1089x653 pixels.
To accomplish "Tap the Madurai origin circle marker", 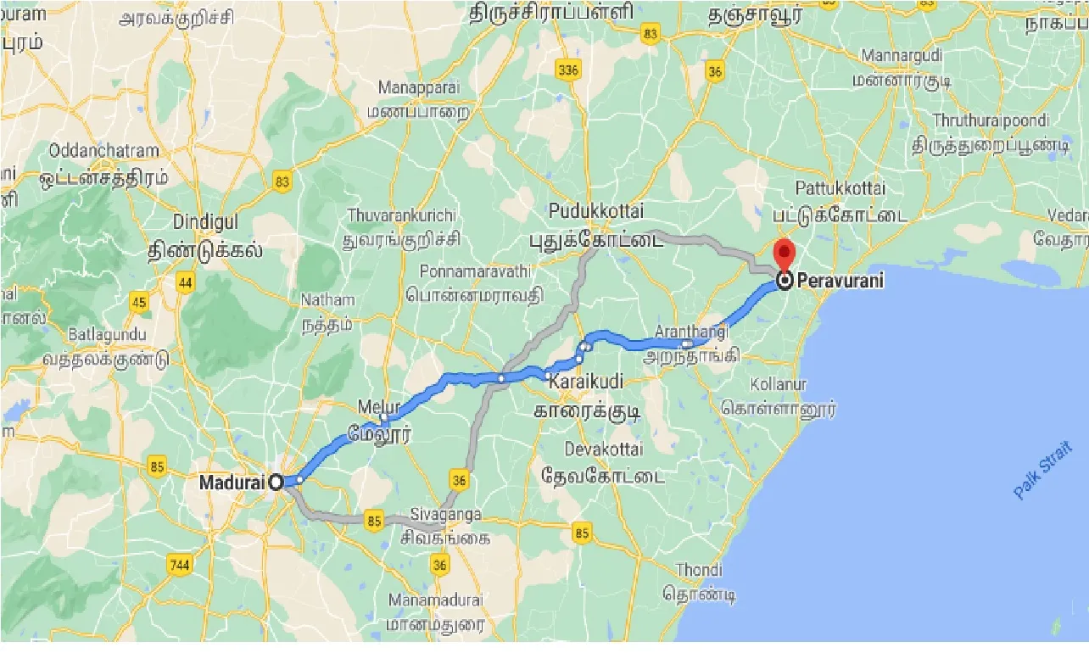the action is coord(276,482).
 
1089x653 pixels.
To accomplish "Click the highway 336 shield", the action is coord(569,70).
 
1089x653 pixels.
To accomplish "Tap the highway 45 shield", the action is coord(140,301).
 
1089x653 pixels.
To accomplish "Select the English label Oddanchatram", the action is coord(103,151).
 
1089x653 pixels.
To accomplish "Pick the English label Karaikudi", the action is coord(585,381).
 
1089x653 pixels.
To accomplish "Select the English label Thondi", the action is coord(700,570).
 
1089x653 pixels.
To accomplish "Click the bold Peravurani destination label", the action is coord(840,280).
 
